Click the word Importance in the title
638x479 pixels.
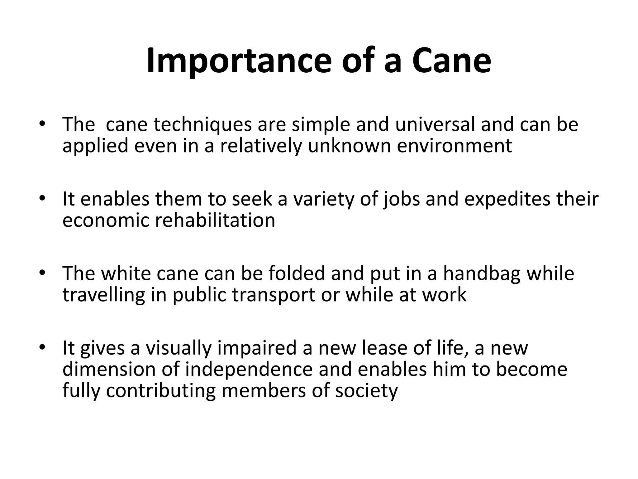click(238, 61)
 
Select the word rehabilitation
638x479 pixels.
click(215, 220)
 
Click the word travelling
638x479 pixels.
click(104, 295)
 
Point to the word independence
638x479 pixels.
click(249, 370)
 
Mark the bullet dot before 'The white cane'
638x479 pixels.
click(42, 273)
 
